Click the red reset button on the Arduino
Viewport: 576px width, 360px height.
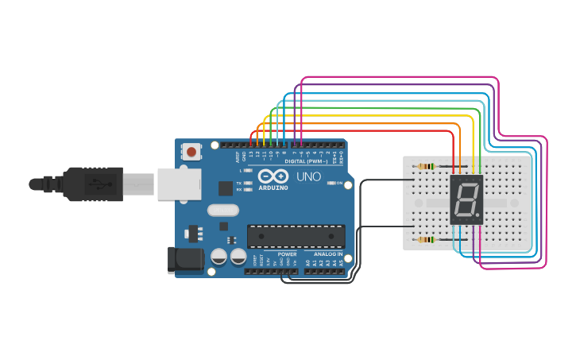(191, 151)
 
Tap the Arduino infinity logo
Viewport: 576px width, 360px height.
(274, 176)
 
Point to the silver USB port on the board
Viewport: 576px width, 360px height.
(176, 184)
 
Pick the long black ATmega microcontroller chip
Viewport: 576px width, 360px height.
(296, 236)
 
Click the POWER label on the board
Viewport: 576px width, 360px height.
(287, 254)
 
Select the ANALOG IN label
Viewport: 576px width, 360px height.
(328, 254)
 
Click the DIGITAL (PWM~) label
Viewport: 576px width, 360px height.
(308, 161)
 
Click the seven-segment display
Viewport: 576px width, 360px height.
(466, 199)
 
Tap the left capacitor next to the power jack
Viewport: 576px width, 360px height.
(218, 256)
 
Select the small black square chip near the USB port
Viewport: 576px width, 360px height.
(226, 188)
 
